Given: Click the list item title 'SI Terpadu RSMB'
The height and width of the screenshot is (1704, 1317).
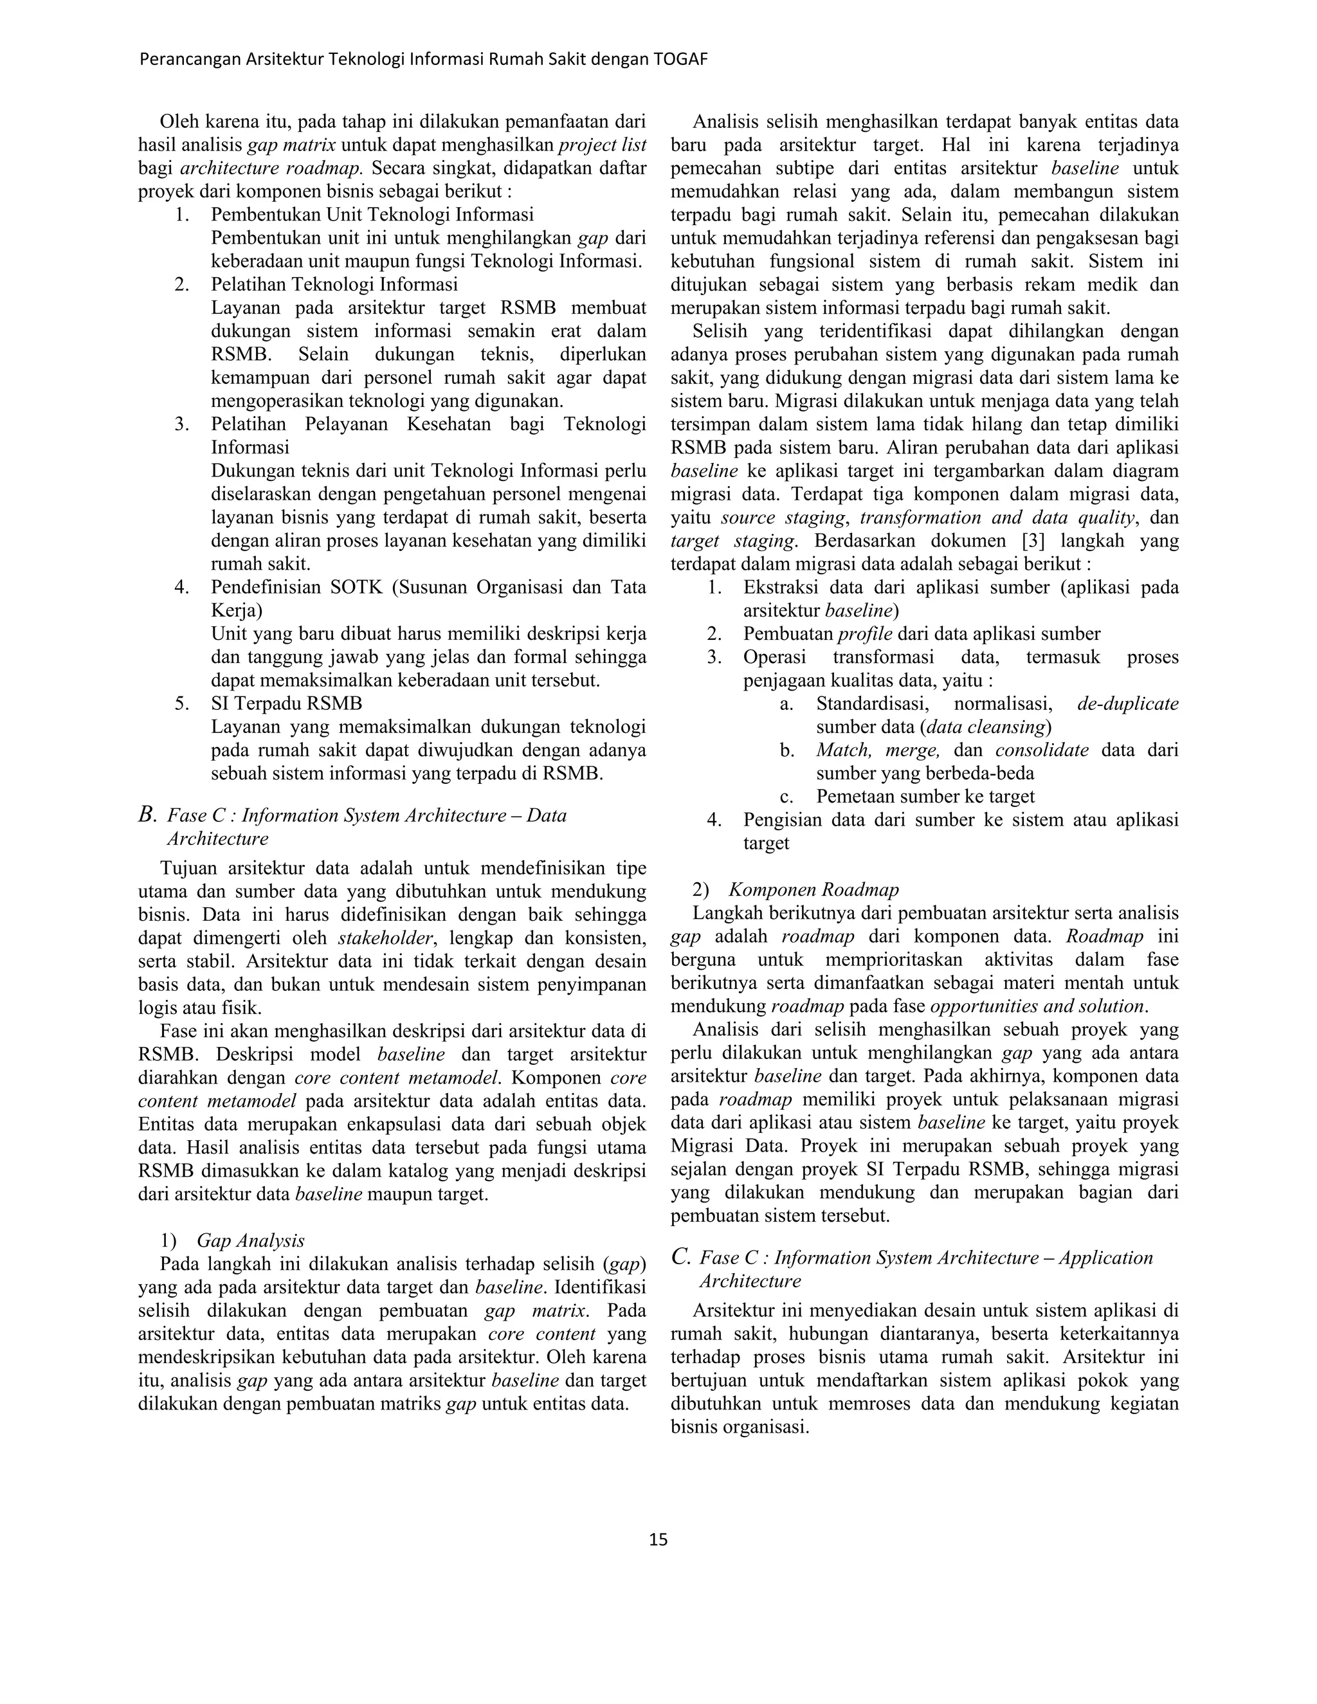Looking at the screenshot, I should click(x=286, y=703).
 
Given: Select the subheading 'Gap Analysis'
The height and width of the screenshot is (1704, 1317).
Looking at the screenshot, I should click(x=250, y=1240).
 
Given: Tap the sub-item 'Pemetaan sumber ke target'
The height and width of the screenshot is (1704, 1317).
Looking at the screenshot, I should click(x=925, y=797).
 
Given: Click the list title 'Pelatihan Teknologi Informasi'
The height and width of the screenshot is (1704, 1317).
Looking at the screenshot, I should click(x=334, y=284).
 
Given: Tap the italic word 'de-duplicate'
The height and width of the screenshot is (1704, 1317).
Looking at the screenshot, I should click(x=1127, y=703).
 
